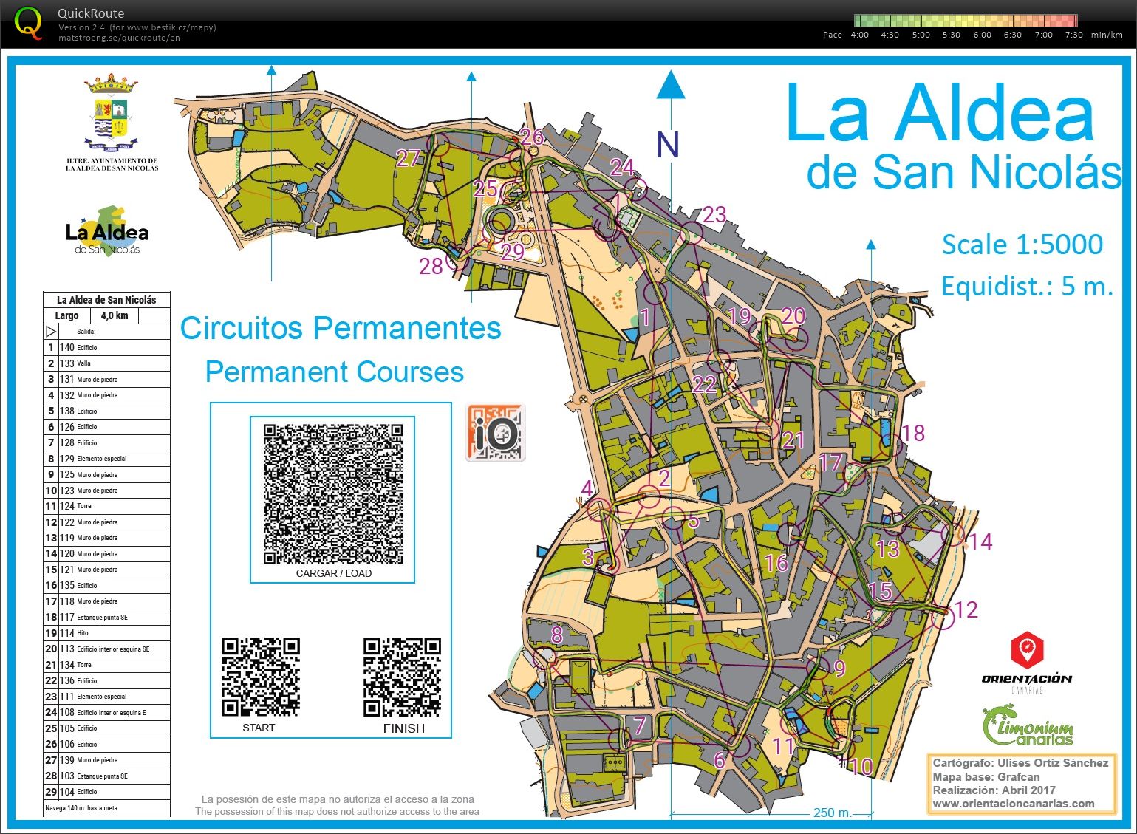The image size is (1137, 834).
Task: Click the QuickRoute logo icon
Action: point(29,22)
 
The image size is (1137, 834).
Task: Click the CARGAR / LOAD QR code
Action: point(332,493)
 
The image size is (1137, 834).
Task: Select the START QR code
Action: point(260,677)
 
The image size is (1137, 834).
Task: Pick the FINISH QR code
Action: point(402,677)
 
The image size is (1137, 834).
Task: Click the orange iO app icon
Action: point(495,433)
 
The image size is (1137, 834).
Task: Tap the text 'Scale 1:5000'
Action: point(1022,245)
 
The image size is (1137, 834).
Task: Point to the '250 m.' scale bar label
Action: point(833,813)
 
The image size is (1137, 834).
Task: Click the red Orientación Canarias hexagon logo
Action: point(1026,651)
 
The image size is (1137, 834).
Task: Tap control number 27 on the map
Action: point(408,157)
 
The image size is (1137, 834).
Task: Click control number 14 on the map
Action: point(980,541)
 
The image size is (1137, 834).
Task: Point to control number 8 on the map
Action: point(557,634)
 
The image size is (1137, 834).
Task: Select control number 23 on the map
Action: point(714,214)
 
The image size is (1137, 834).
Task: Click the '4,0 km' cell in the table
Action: point(114,315)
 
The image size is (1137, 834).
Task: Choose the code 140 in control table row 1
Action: point(67,347)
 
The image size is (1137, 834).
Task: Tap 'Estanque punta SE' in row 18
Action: point(102,618)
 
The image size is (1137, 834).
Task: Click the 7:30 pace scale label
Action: point(1073,35)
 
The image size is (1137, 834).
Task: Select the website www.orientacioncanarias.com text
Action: point(1014,804)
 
